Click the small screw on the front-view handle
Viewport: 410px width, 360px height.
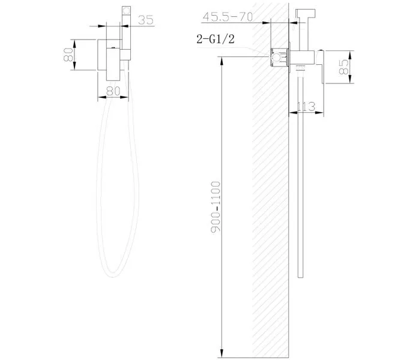(112, 46)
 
